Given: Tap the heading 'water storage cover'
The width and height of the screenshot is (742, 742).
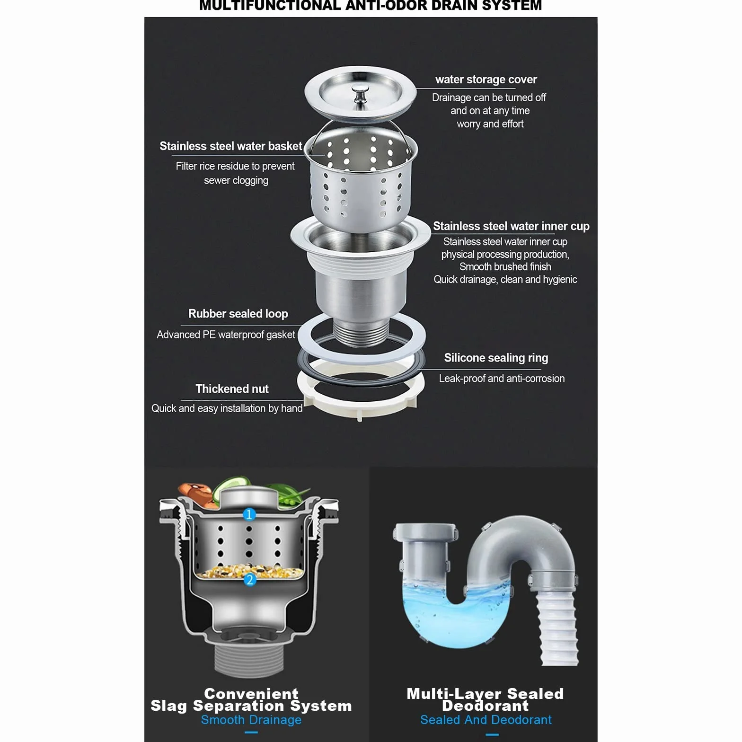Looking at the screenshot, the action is click(x=486, y=79).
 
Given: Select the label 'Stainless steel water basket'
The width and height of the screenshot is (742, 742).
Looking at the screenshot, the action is click(x=230, y=146).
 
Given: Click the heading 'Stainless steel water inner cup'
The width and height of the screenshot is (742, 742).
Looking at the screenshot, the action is click(x=511, y=226).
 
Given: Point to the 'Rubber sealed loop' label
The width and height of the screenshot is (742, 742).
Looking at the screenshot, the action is click(x=238, y=314).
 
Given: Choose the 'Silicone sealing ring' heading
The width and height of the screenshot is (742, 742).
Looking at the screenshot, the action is click(x=496, y=358).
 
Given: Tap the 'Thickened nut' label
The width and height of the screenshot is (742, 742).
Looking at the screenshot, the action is click(x=232, y=389).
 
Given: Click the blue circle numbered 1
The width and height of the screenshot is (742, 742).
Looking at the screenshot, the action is click(x=249, y=514).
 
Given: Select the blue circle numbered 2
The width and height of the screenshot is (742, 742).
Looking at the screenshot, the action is click(x=249, y=579).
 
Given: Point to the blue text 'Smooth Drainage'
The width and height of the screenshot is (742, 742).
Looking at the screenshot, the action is click(x=251, y=720).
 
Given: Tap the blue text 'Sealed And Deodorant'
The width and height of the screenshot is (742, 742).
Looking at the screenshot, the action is click(x=486, y=720).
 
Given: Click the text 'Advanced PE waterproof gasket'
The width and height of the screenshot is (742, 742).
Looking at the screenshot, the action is click(x=226, y=335).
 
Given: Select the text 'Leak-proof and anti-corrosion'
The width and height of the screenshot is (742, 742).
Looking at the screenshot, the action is click(x=502, y=379).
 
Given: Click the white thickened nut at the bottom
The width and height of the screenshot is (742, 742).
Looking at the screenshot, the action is click(x=361, y=395).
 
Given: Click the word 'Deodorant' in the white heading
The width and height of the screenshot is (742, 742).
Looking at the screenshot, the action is click(x=486, y=706).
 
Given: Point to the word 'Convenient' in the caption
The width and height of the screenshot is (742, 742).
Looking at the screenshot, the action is click(x=251, y=694).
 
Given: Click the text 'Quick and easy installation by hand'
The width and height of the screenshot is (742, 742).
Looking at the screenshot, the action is click(x=227, y=408).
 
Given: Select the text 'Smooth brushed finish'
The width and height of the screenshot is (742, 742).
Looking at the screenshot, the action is click(x=505, y=267).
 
